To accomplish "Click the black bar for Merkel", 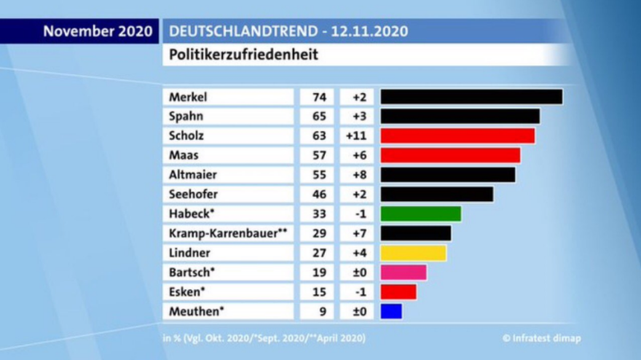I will pos(471,97).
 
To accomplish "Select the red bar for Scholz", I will pos(457,136).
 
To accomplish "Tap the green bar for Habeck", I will pos(420,214).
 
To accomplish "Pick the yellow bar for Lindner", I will pos(413,253).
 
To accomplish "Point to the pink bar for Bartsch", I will pos(403,273).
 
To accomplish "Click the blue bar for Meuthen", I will pos(391,311).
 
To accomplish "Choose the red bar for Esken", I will pos(398,291).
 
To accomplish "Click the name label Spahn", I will pos(186,116).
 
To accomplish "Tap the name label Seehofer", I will pos(193,194).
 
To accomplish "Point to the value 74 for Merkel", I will pos(318,97).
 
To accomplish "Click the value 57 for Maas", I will pos(318,155).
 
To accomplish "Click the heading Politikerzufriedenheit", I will pos(243,55).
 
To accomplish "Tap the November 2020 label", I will pos(98,31).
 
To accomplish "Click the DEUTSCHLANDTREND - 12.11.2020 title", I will pos(288,31).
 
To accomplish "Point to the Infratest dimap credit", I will pos(541,338).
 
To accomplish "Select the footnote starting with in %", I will pos(264,338).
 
